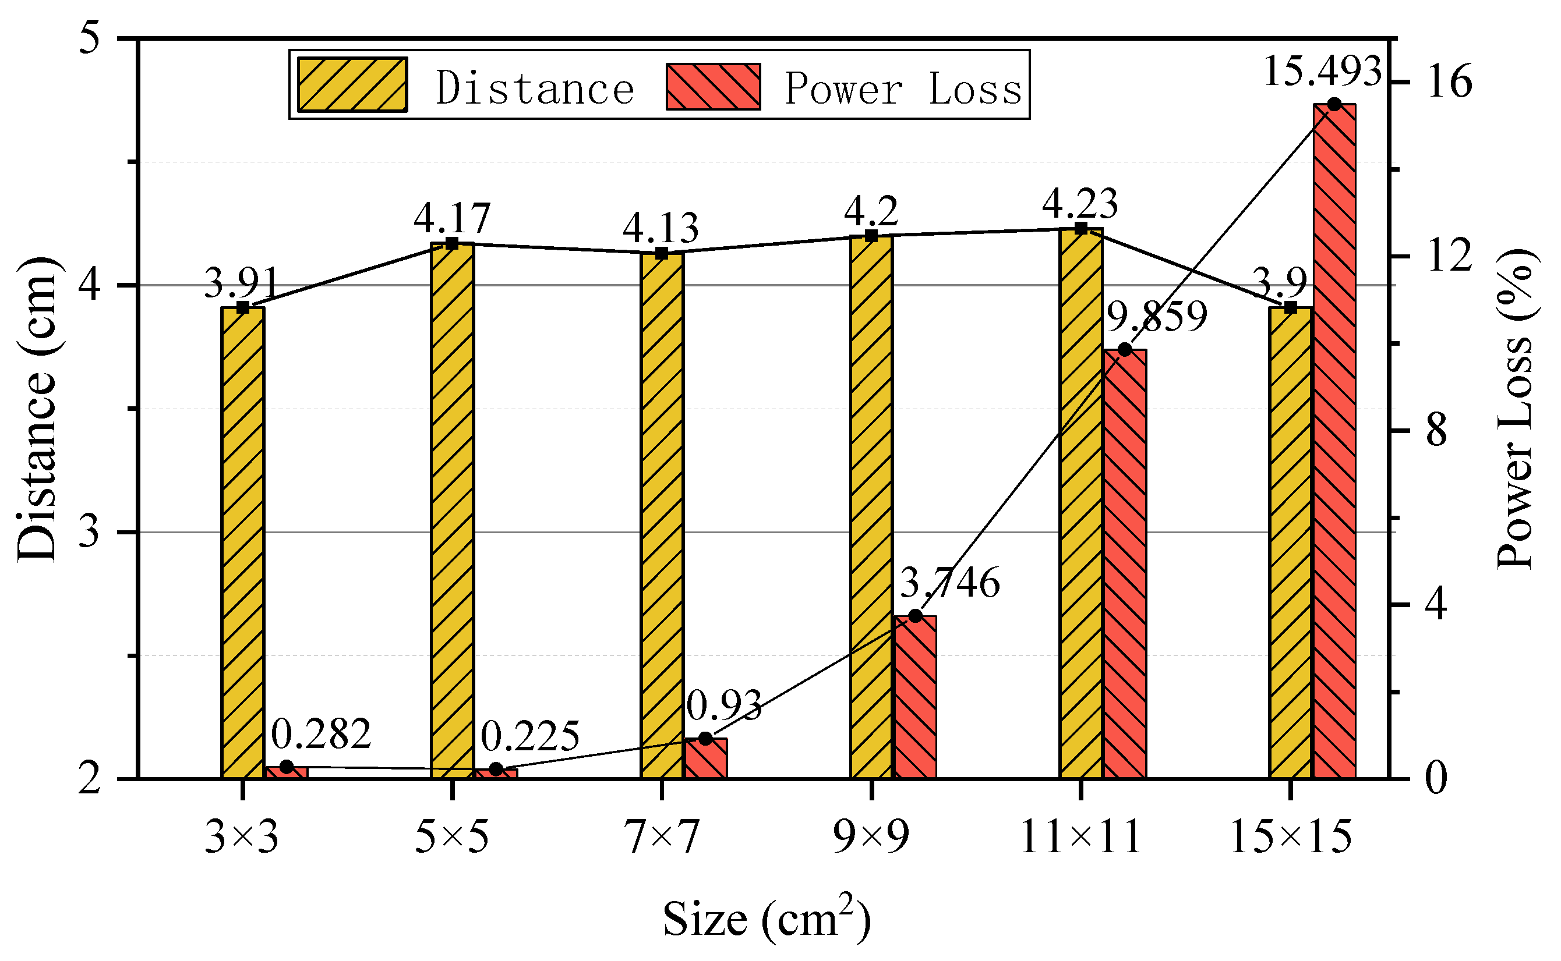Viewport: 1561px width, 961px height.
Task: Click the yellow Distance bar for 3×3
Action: pyautogui.click(x=242, y=543)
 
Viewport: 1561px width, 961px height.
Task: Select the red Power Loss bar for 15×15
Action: pyautogui.click(x=1334, y=441)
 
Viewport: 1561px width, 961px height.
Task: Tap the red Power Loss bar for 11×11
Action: pyautogui.click(x=1124, y=564)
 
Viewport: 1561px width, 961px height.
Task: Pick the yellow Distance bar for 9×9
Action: pyautogui.click(x=871, y=506)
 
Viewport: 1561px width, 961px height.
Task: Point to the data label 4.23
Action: pyautogui.click(x=1079, y=203)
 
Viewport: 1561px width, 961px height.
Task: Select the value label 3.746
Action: pyautogui.click(x=950, y=583)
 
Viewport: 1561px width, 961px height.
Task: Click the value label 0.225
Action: pyautogui.click(x=529, y=737)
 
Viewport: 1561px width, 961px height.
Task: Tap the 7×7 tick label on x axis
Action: pyautogui.click(x=661, y=837)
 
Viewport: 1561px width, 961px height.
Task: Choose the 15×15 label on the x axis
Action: pyautogui.click(x=1291, y=837)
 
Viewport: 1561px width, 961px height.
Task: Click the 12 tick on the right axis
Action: pyautogui.click(x=1450, y=256)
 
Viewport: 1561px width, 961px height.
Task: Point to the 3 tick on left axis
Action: pyautogui.click(x=90, y=531)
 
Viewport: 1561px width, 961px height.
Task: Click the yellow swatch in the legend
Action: pyautogui.click(x=352, y=85)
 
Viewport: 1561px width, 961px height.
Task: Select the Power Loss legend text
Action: pyautogui.click(x=903, y=88)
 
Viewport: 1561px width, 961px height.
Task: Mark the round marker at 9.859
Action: pyautogui.click(x=1124, y=350)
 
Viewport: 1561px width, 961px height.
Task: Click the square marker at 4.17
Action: pyautogui.click(x=452, y=243)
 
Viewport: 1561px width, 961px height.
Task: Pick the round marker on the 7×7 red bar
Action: pyautogui.click(x=705, y=739)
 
